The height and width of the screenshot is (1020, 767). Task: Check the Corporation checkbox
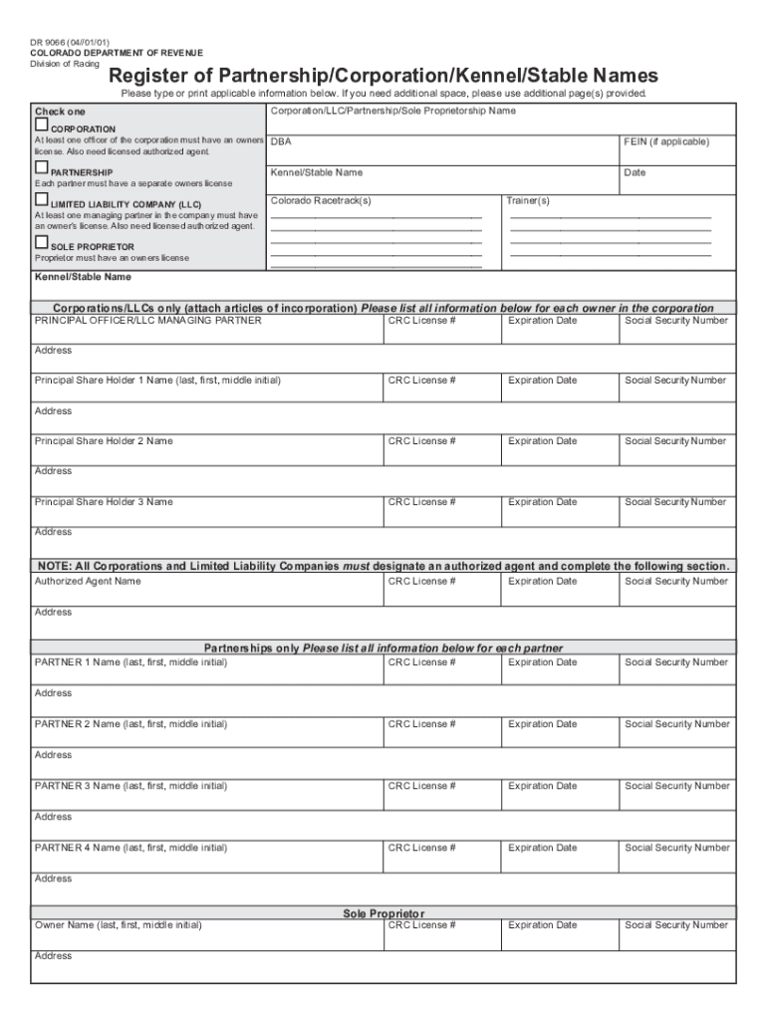41,127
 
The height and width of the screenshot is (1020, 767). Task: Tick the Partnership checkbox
41,168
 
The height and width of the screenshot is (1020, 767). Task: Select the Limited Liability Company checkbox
41,201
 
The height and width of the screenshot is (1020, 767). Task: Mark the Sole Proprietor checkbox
41,242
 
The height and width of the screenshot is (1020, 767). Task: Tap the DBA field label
281,142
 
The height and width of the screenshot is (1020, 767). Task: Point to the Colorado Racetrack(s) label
321,200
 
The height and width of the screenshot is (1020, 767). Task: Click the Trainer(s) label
528,200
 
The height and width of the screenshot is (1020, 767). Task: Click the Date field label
635,172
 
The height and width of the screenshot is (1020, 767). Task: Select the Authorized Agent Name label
88,581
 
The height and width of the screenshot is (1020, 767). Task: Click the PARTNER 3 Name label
130,786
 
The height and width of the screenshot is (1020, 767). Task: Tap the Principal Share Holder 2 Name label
104,441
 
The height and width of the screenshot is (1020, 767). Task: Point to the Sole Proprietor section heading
383,913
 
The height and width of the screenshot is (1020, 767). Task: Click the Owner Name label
118,925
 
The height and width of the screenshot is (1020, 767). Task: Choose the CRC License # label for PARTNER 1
422,662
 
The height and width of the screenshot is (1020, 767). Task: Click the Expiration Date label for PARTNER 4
542,848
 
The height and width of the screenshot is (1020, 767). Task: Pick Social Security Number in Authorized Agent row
676,581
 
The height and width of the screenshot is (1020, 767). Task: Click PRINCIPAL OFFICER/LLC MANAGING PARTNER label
147,321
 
